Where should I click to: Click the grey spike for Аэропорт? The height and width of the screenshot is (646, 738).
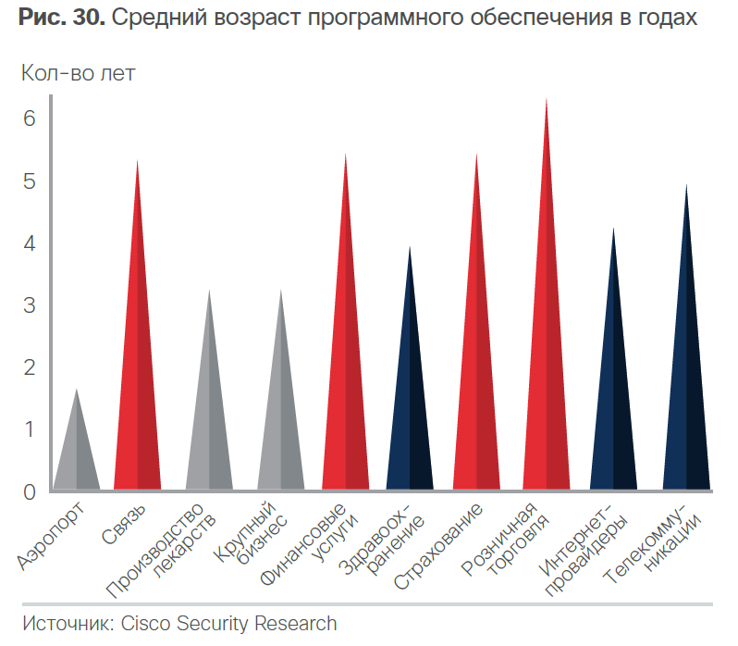[76, 453]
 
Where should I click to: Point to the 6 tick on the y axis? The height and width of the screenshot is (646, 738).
[30, 118]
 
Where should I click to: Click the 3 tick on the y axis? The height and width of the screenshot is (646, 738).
[30, 304]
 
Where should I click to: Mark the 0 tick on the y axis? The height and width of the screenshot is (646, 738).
[30, 491]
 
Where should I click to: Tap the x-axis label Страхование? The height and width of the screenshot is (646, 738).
[440, 546]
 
